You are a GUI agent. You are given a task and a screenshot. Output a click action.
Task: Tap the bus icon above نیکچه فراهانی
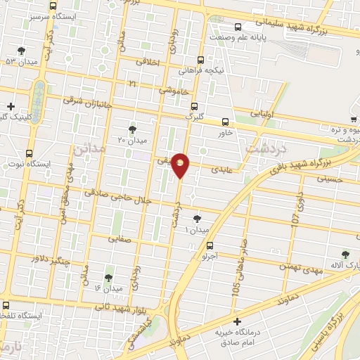(201, 60)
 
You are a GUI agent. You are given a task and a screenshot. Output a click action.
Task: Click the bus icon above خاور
(225, 121)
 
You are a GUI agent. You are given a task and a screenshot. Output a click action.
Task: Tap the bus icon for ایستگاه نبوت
(29, 153)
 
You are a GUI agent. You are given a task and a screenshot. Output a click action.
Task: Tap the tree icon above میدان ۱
(196, 219)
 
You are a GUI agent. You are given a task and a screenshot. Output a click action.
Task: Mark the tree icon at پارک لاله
(345, 255)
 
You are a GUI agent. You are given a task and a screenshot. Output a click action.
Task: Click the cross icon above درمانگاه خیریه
(236, 321)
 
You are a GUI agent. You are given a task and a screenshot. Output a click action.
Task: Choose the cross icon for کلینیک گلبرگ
(9, 105)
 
